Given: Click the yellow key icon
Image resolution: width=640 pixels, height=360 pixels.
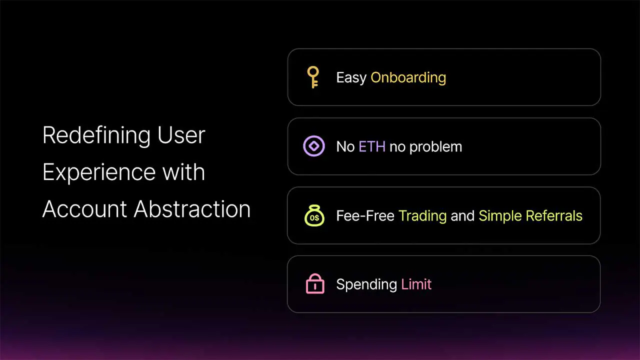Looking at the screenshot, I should [313, 77].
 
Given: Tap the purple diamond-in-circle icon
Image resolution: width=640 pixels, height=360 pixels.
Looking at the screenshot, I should [314, 146].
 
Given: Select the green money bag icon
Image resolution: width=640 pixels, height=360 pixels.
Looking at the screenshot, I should [314, 215].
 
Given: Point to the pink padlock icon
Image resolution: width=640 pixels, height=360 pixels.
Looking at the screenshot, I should [315, 284].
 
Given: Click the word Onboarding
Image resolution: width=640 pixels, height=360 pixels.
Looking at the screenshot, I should [408, 78].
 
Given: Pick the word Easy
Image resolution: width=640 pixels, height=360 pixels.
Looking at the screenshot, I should [351, 78].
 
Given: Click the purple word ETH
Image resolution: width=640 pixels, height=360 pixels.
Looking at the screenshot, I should [372, 146].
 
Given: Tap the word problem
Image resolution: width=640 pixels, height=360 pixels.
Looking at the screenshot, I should [435, 147].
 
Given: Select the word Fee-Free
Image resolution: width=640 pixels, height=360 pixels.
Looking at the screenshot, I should [365, 216].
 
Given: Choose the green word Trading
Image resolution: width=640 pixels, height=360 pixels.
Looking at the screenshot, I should [422, 216].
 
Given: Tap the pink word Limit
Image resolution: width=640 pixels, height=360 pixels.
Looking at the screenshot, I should [416, 284].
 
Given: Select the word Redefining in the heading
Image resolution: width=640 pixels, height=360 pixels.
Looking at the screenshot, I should [96, 135].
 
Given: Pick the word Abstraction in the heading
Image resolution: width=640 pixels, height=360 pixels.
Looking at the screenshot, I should [192, 209].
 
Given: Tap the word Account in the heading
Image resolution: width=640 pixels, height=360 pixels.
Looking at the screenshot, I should [84, 209].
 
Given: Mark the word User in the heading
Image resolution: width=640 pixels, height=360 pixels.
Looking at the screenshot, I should [181, 135].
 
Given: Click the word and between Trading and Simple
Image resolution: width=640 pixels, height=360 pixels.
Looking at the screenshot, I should [462, 216].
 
